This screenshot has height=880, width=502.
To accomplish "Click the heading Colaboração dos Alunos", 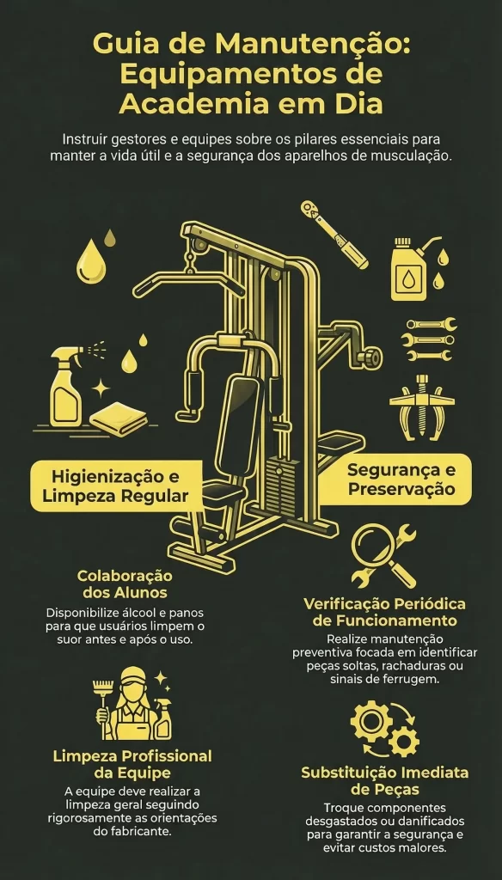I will tap(125, 584).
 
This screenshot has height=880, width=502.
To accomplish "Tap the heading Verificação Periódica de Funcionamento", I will tap(384, 612).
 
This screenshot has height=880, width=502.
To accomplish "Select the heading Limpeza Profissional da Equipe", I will tap(132, 765).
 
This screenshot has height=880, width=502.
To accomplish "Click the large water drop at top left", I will tap(90, 260).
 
